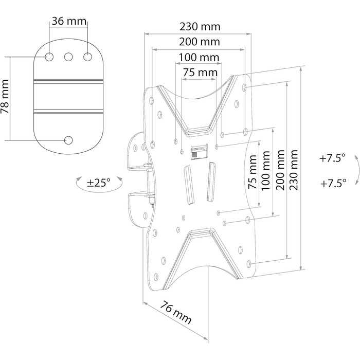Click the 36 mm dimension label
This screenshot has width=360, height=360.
(69, 22)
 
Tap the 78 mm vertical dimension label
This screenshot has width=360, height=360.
(5, 97)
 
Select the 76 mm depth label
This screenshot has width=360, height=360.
(176, 313)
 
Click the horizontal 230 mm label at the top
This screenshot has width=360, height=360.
(200, 27)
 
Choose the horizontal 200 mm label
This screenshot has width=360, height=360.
(200, 42)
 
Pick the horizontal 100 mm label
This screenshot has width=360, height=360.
(199, 57)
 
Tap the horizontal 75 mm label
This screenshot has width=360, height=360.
(200, 73)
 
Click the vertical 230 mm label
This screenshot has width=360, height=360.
(294, 170)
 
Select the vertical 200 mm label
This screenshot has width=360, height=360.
(280, 170)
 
